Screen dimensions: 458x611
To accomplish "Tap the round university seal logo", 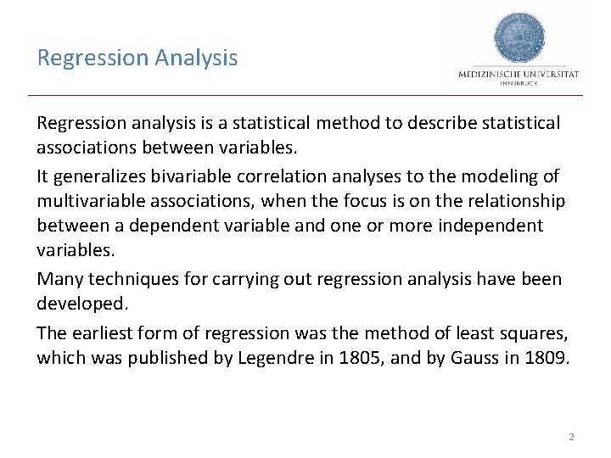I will [519, 37].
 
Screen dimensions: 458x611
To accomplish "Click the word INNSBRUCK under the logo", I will [519, 84].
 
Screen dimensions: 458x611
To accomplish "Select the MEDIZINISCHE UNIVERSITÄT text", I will [519, 75].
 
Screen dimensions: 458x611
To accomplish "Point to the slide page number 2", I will [571, 437].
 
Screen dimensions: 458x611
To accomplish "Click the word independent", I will [490, 226].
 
